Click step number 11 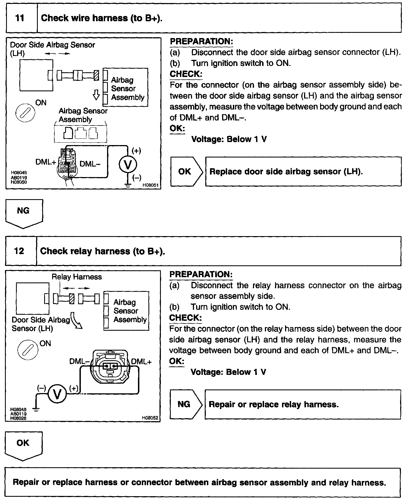point(20,18)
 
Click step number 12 point(19,251)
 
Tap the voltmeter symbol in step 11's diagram point(128,165)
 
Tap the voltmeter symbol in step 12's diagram point(57,394)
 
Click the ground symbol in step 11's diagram point(128,186)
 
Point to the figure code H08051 point(150,185)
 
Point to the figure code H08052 point(150,418)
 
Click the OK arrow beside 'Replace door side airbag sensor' point(187,172)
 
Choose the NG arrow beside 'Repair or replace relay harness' point(186,404)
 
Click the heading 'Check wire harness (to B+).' point(102,18)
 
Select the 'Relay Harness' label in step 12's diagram point(77,277)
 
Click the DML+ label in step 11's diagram point(46,162)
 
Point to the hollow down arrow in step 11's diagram point(96,95)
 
